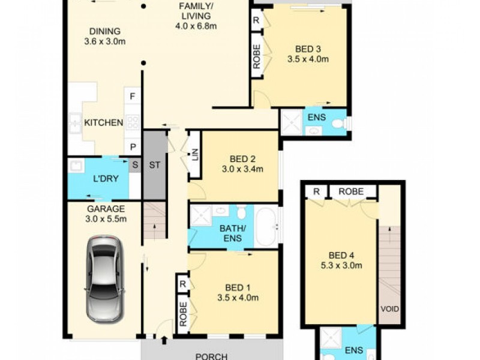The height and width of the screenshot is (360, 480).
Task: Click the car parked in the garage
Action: [x=104, y=278]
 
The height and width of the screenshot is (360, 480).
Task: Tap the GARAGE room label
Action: [x=105, y=209]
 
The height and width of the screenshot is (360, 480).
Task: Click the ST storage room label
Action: [x=154, y=166]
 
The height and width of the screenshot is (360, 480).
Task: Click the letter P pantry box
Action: [x=132, y=147]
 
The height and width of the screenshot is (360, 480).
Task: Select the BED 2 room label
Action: [x=243, y=159]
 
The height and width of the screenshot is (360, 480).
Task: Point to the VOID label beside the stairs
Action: [x=389, y=310]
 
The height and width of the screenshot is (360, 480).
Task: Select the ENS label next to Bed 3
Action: [x=316, y=117]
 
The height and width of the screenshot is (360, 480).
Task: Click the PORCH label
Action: [x=212, y=356]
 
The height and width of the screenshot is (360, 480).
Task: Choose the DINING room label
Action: [x=106, y=32]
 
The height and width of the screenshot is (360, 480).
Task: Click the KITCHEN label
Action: [x=103, y=123]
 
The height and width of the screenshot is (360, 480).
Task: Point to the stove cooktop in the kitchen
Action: [x=133, y=122]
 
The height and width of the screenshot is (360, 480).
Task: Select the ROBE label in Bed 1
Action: [x=183, y=314]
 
